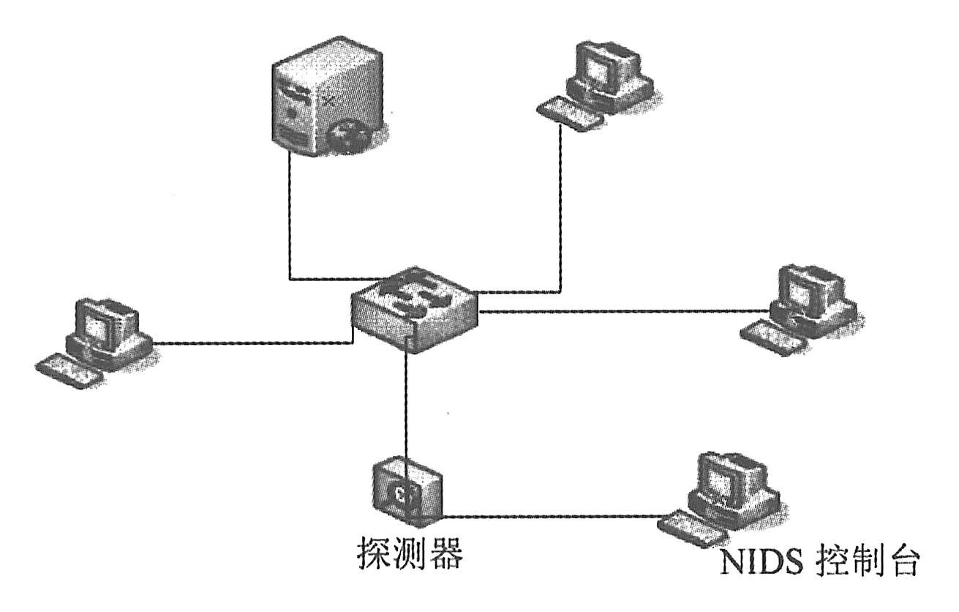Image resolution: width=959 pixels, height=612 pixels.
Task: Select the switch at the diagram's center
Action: (x=414, y=308)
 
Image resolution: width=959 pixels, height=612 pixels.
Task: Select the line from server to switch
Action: (x=291, y=220)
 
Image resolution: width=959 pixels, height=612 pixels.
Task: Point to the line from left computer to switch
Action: (x=249, y=342)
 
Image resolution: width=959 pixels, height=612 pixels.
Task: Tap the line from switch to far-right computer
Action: (x=622, y=313)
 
